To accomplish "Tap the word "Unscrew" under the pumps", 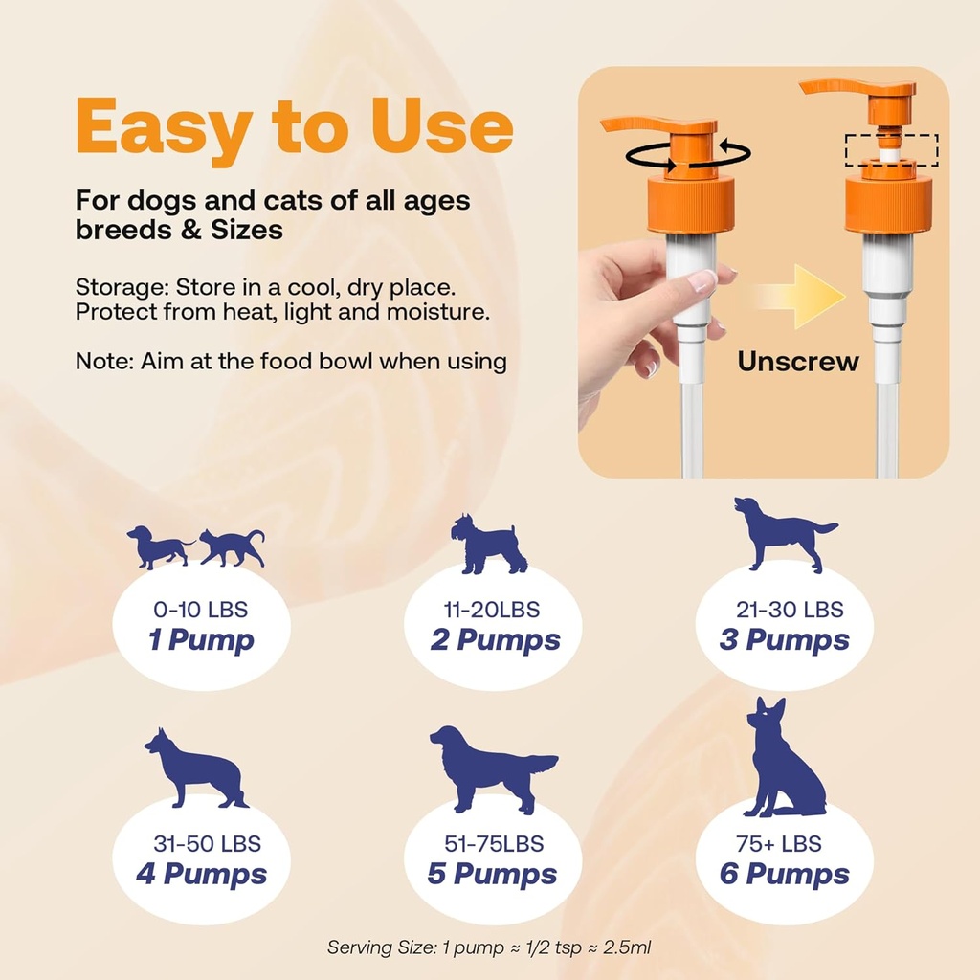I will [x=798, y=362].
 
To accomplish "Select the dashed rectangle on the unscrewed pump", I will [x=891, y=150].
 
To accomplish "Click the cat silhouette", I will [x=233, y=547].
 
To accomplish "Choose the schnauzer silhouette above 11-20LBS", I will [x=489, y=546].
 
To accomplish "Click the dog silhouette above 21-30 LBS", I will [x=782, y=533].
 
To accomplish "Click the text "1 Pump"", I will [x=201, y=640].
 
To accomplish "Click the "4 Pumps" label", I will [x=201, y=874].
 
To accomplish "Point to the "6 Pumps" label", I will [x=784, y=874].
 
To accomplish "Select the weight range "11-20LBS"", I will [x=492, y=610].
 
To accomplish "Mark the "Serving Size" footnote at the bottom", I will [x=489, y=947].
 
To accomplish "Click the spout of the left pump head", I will [x=632, y=124].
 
